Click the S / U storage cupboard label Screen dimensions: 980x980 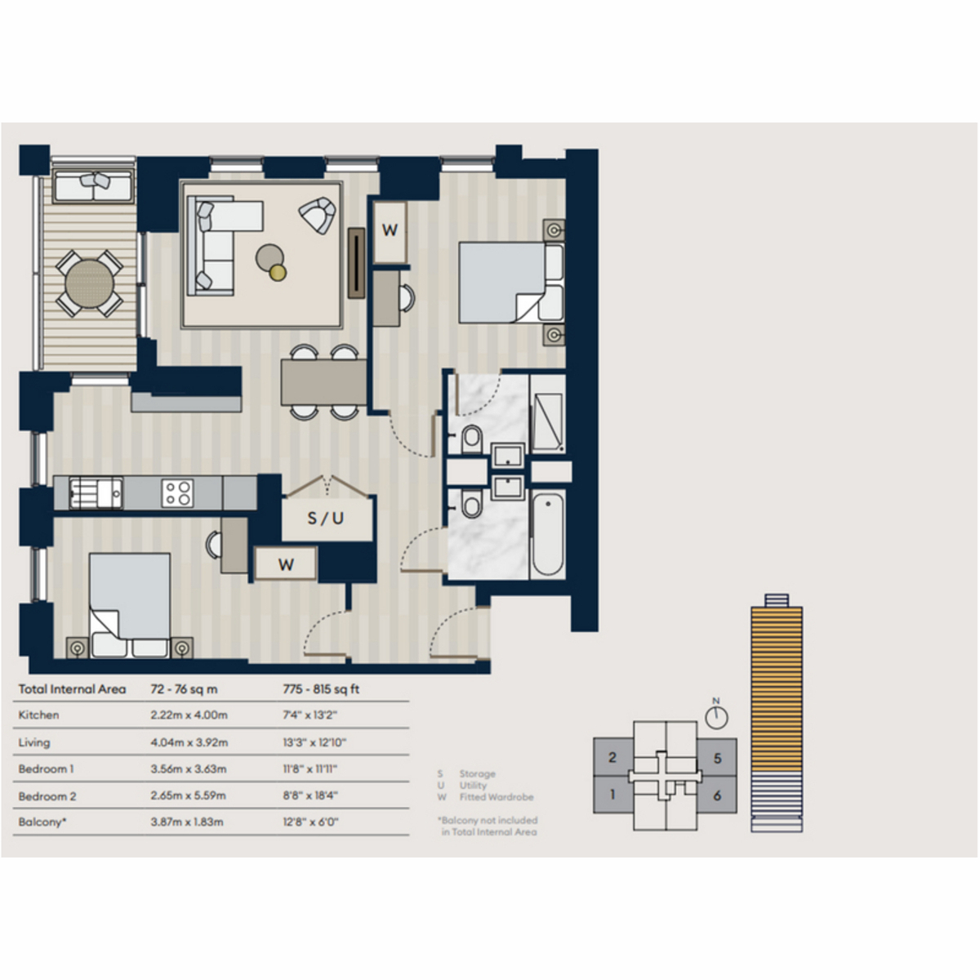[326, 519]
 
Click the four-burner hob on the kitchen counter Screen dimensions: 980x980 [177, 493]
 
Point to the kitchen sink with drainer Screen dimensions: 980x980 [96, 492]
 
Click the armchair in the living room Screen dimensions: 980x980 [318, 215]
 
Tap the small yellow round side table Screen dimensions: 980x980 [278, 273]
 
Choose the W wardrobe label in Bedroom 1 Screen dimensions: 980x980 [390, 230]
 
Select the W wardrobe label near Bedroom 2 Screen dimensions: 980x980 [286, 564]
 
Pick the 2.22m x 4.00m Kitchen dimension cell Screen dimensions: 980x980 [189, 715]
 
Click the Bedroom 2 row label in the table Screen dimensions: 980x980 [47, 796]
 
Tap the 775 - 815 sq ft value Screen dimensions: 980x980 [321, 689]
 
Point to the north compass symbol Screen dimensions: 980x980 [716, 715]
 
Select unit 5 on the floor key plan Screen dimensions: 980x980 [717, 758]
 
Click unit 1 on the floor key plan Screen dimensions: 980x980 [612, 795]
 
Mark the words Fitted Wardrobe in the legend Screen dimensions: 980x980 [497, 797]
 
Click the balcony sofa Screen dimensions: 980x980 [94, 186]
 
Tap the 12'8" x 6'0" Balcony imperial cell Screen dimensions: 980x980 [310, 822]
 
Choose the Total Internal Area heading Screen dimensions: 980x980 [72, 689]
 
